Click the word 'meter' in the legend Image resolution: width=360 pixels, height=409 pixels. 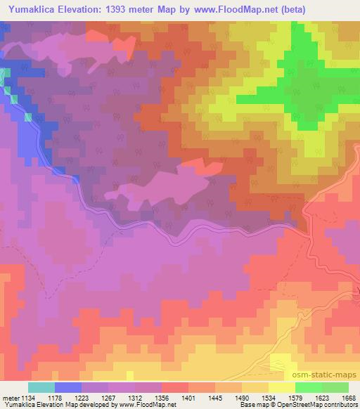12,397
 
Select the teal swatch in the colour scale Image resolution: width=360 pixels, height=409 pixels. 41,387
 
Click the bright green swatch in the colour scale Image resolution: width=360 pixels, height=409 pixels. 308,387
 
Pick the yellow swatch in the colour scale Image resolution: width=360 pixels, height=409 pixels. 281,387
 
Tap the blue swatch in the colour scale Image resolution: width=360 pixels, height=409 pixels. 68,387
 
